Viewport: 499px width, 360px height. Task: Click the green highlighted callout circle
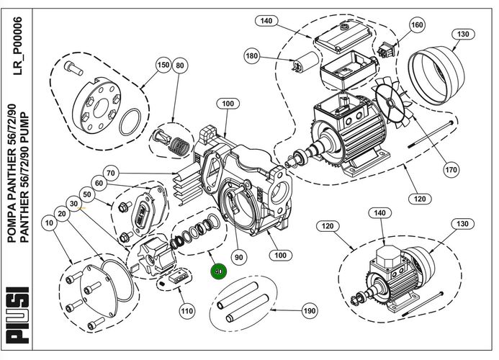click(x=217, y=272)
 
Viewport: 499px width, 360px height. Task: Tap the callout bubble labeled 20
click(x=63, y=215)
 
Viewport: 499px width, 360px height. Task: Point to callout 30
click(x=75, y=204)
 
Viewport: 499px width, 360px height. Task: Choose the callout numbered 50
click(x=87, y=194)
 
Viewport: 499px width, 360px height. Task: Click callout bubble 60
click(x=99, y=184)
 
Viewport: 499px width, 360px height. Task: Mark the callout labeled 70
click(x=111, y=174)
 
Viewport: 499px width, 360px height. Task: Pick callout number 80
click(x=180, y=66)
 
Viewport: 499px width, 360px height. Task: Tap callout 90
click(x=238, y=255)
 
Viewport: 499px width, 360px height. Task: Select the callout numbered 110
click(x=187, y=311)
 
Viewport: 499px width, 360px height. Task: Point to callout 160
click(x=417, y=24)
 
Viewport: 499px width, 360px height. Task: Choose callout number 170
click(x=451, y=171)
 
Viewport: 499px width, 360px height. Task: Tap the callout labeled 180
click(x=251, y=56)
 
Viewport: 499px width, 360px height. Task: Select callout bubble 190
click(x=309, y=311)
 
